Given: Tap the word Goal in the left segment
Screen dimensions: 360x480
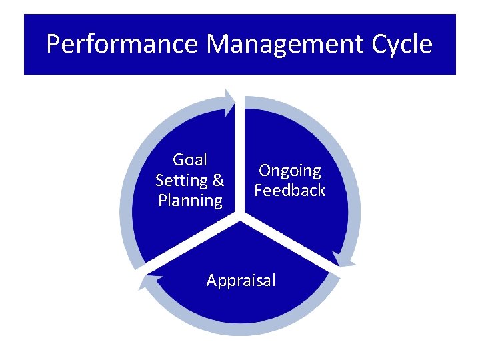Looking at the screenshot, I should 189,160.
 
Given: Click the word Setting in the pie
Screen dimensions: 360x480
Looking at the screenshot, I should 181,181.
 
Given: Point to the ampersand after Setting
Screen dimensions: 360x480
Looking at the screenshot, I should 218,181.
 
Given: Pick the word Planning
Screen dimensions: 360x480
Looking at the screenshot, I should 190,201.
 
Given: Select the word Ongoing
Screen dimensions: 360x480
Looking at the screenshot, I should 290,171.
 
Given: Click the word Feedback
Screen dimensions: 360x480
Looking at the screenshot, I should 290,191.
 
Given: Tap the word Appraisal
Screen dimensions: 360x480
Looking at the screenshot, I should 241,281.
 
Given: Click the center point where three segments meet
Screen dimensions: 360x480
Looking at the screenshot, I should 241,216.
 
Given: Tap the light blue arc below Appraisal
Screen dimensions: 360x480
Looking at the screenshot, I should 241,331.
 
